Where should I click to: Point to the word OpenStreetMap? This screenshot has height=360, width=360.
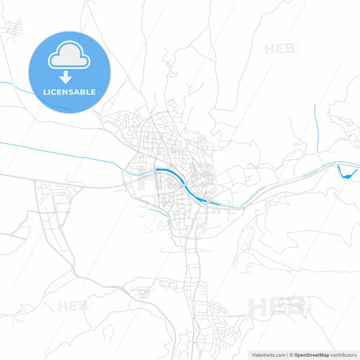coord(311,354)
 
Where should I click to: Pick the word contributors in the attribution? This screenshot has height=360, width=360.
coord(343,354)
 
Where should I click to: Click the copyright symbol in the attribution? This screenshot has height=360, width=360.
coord(290,354)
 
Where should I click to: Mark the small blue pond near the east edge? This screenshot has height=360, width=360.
coord(347,174)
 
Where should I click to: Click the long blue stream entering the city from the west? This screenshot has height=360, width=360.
coord(61,153)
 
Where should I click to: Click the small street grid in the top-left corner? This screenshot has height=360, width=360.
coord(14,28)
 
